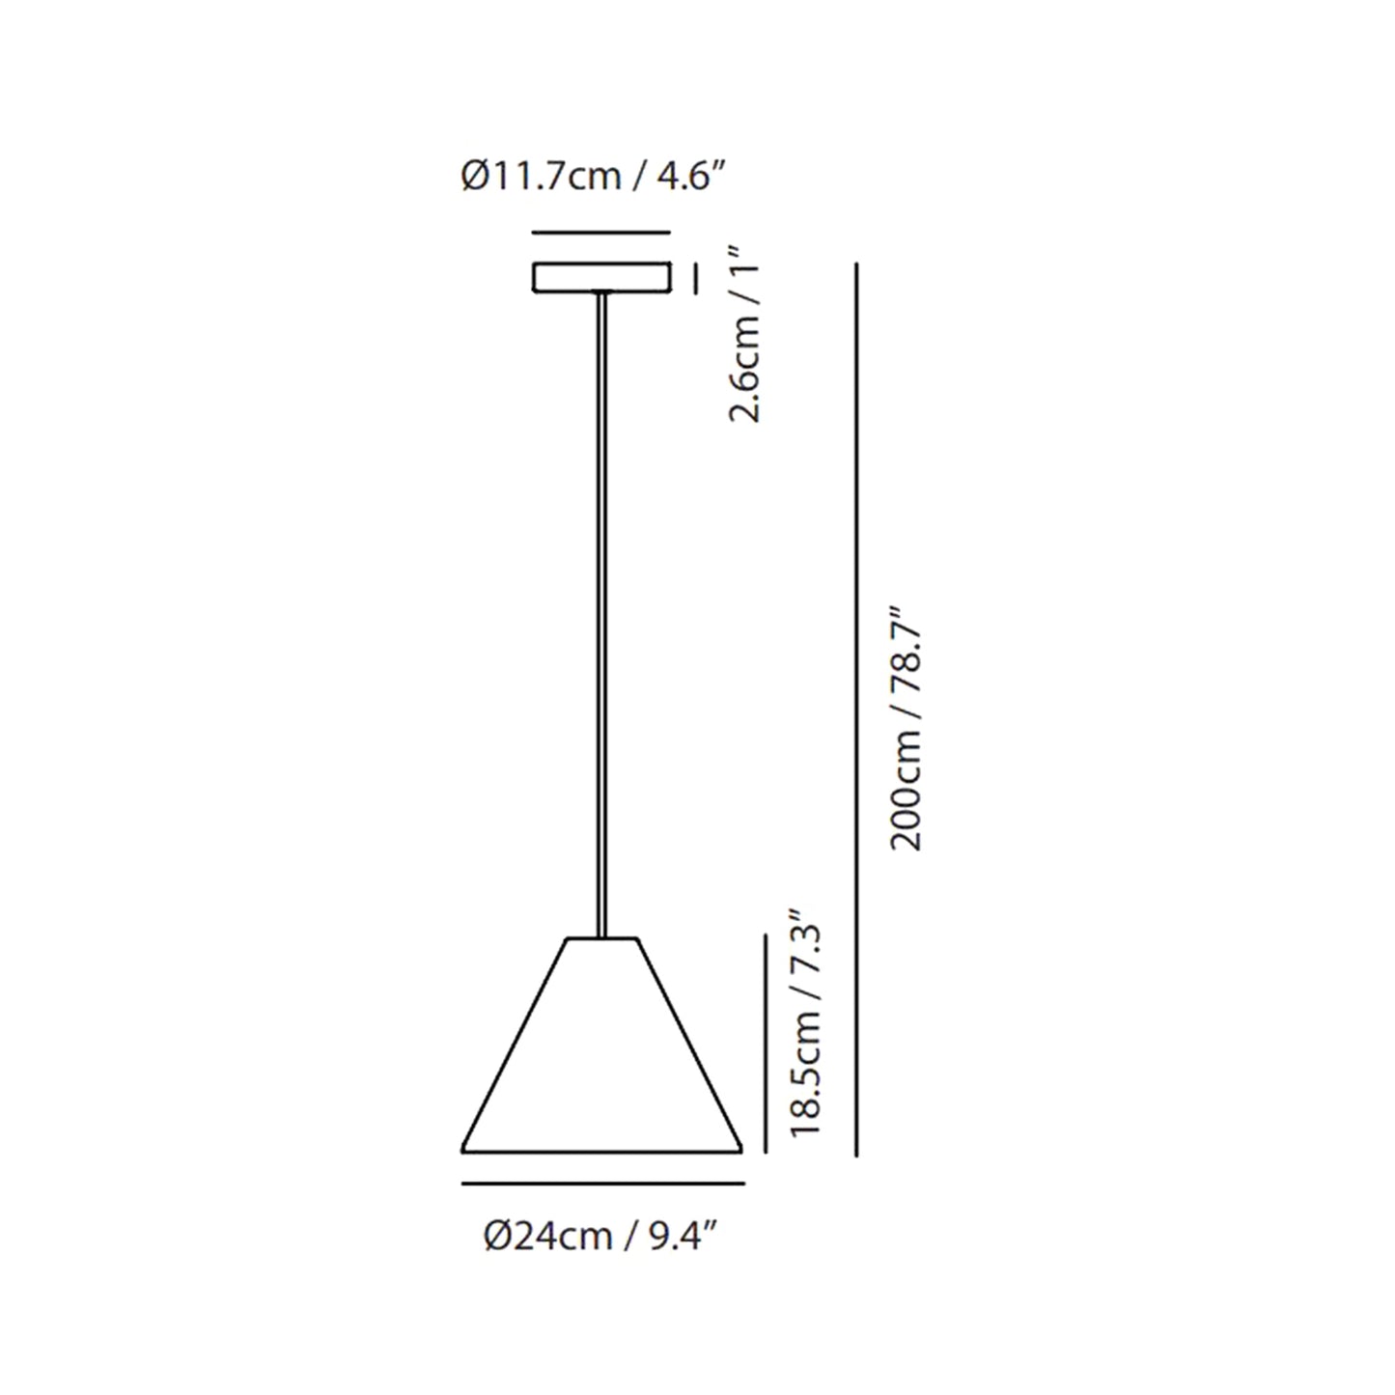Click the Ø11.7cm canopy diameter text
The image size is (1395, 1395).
(x=540, y=179)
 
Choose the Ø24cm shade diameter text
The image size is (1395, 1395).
(x=547, y=1236)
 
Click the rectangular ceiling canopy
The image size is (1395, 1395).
(x=601, y=277)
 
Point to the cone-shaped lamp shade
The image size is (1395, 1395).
(x=601, y=1062)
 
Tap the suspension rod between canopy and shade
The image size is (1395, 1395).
(x=602, y=608)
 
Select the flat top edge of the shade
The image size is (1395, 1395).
(x=602, y=937)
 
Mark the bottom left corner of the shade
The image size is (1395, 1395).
(x=463, y=1150)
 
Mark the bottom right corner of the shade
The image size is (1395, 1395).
(x=741, y=1150)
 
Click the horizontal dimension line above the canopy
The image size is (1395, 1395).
(x=601, y=233)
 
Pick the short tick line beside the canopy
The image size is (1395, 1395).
(x=694, y=278)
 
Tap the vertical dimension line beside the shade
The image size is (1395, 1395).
(x=766, y=1043)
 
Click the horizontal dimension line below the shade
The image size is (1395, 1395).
(x=602, y=1183)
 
